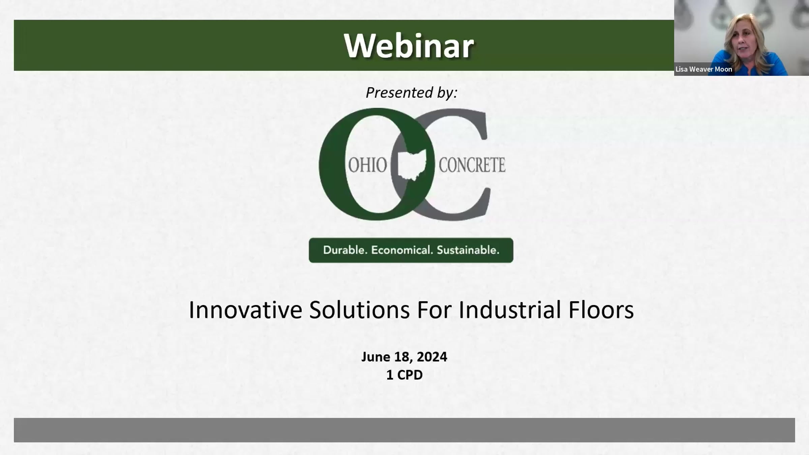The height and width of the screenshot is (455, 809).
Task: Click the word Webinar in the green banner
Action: [x=409, y=46]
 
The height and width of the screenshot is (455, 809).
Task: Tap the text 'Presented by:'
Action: [x=412, y=92]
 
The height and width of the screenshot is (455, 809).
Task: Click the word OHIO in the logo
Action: [x=367, y=165]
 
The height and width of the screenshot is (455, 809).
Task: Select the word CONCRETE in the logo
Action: [x=472, y=165]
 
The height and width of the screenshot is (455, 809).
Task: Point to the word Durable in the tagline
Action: [x=345, y=250]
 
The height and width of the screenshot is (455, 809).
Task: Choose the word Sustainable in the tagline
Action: [x=468, y=250]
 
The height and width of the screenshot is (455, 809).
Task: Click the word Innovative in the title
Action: [x=245, y=310]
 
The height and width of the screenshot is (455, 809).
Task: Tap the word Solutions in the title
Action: [x=359, y=310]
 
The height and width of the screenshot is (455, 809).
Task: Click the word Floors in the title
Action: [x=601, y=310]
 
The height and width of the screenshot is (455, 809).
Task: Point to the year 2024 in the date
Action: [x=432, y=357]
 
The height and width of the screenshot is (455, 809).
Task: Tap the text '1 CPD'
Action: [x=404, y=375]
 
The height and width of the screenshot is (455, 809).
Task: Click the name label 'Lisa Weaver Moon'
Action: [x=704, y=69]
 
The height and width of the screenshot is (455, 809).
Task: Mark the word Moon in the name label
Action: [x=723, y=69]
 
